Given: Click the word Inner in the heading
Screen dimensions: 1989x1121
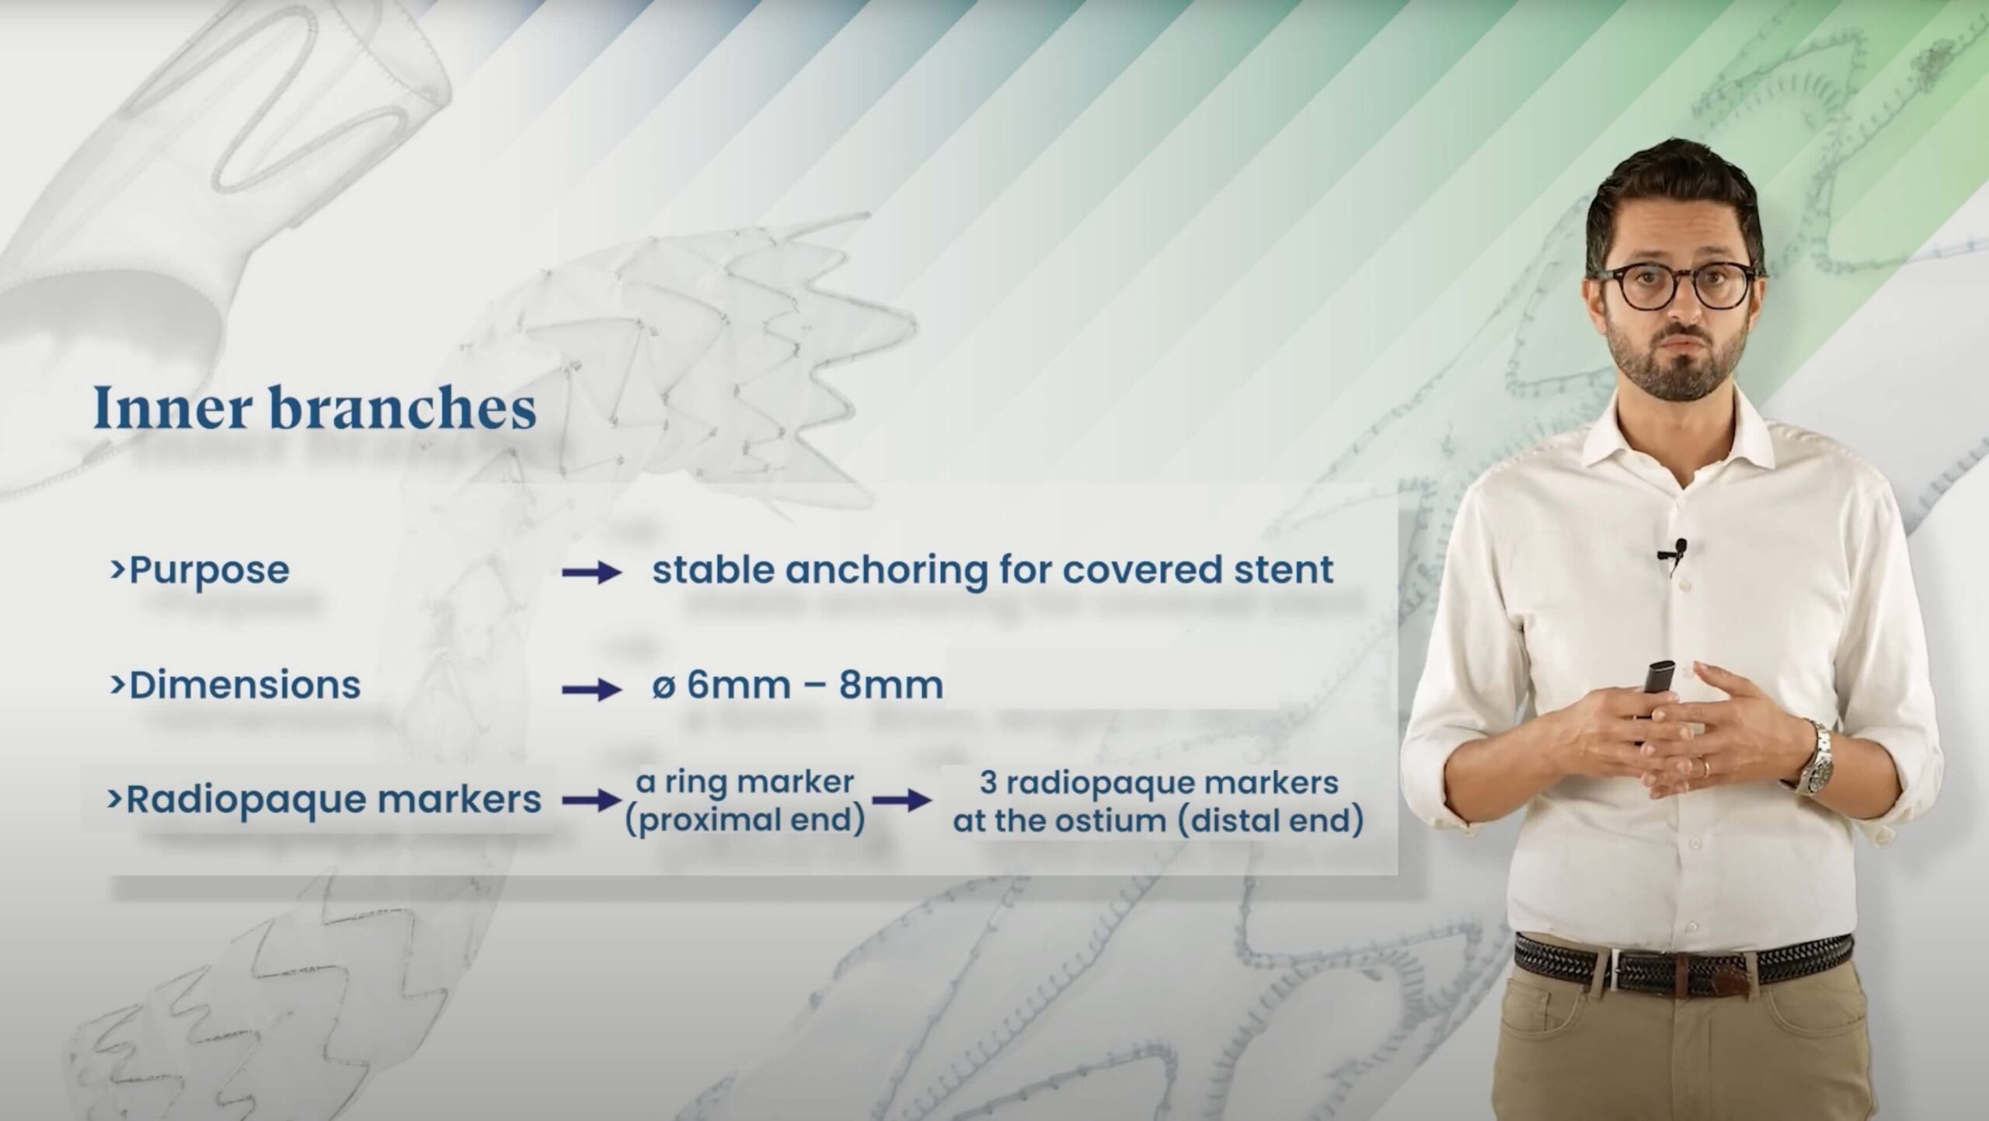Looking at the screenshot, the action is pos(182,408).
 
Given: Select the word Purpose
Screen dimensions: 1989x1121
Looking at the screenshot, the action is pos(209,571).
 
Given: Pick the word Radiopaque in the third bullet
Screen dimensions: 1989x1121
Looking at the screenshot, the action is pos(241,801).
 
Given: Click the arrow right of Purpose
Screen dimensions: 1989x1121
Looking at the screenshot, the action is pos(592,573).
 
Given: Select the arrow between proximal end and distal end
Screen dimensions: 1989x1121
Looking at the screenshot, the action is pos(901,802).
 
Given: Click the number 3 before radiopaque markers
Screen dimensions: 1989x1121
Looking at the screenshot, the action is pos(988,784).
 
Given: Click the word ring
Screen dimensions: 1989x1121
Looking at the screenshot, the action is pos(695,783).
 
